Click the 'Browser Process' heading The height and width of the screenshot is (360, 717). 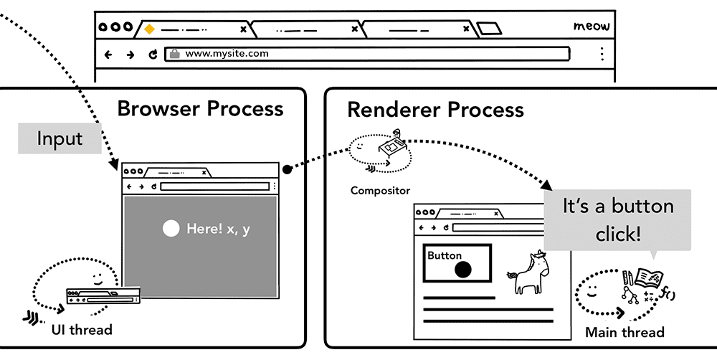pyautogui.click(x=200, y=109)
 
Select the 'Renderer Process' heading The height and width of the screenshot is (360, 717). pyautogui.click(x=435, y=110)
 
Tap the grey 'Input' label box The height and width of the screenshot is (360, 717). pyautogui.click(x=60, y=139)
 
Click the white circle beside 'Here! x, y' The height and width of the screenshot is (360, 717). pyautogui.click(x=171, y=229)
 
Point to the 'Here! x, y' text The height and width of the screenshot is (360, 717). pyautogui.click(x=218, y=229)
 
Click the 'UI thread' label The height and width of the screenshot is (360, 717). pyautogui.click(x=81, y=330)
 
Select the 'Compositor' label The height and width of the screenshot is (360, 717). pyautogui.click(x=380, y=191)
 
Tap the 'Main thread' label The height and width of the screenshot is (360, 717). pyautogui.click(x=625, y=332)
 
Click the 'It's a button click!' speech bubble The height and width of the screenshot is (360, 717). pyautogui.click(x=617, y=219)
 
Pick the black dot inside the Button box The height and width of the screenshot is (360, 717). pyautogui.click(x=463, y=270)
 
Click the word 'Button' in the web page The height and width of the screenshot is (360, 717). pyautogui.click(x=445, y=255)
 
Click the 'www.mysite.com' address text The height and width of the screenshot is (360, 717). pyautogui.click(x=227, y=53)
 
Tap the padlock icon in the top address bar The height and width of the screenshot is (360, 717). pyautogui.click(x=174, y=53)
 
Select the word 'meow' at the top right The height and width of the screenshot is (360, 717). pyautogui.click(x=592, y=27)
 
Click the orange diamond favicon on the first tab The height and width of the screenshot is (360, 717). pyautogui.click(x=149, y=29)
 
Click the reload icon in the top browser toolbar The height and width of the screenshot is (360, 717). pyautogui.click(x=152, y=54)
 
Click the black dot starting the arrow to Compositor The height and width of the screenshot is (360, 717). pyautogui.click(x=287, y=170)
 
